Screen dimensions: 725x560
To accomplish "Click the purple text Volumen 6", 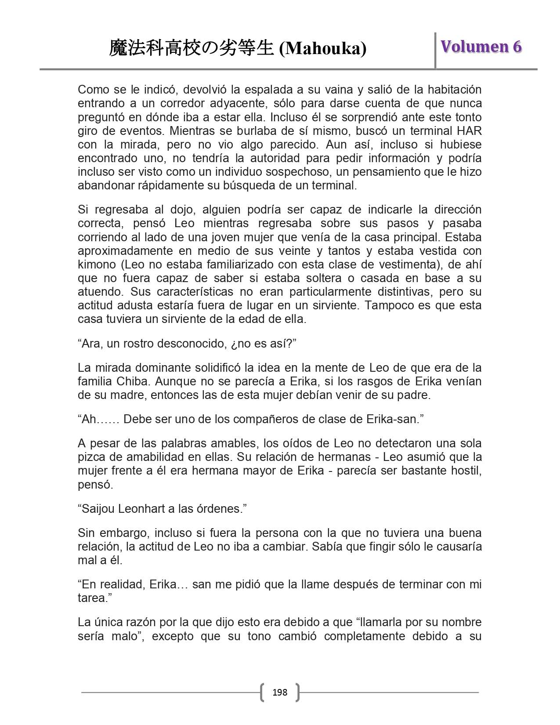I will coord(481,47).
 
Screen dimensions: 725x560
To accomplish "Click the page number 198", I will coord(280,692).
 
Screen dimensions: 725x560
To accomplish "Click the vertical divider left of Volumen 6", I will coord(435,50).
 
